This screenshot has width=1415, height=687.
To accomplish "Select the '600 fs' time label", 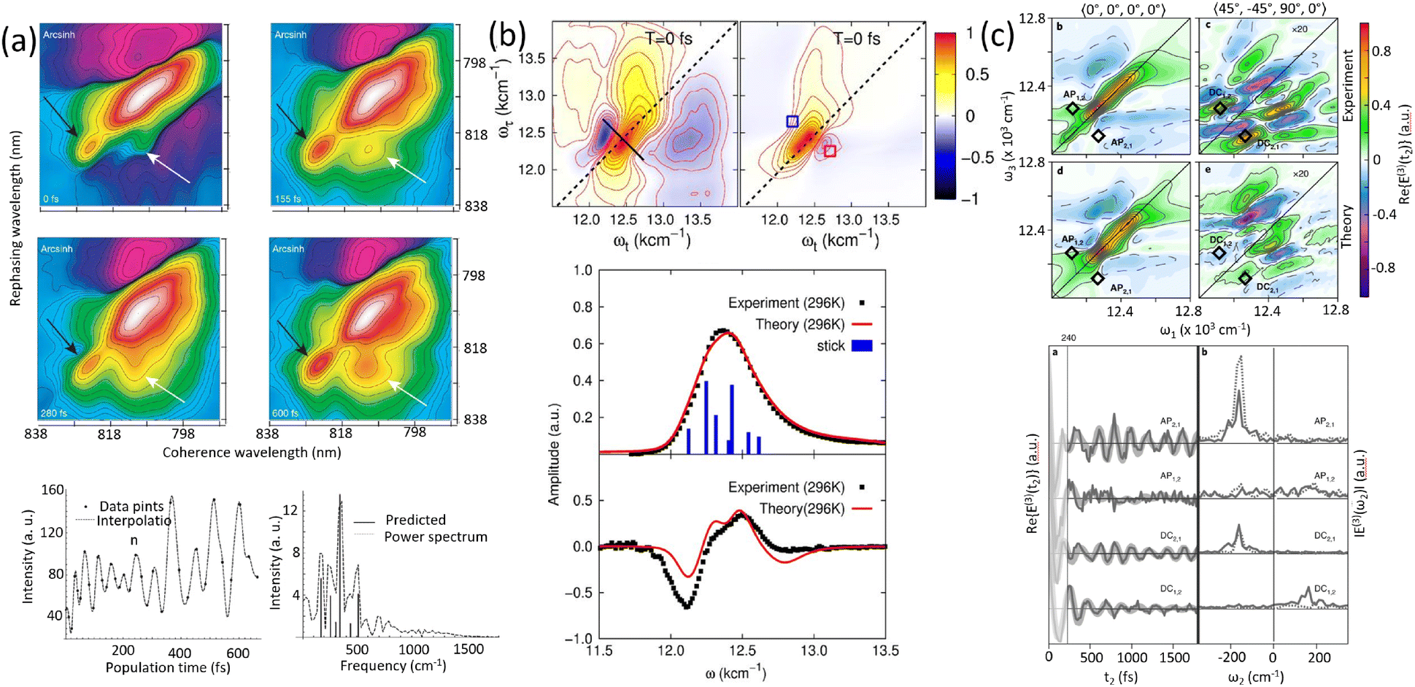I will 285,413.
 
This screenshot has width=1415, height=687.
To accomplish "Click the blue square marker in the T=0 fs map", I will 792,121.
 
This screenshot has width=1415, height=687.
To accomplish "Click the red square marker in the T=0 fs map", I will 830,151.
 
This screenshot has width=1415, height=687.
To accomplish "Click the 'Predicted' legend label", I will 415,520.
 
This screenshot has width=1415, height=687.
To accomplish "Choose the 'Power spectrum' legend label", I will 436,537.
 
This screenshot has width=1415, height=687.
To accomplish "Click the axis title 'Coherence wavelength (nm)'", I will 252,453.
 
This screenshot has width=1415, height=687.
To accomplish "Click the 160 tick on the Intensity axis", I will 53,491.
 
